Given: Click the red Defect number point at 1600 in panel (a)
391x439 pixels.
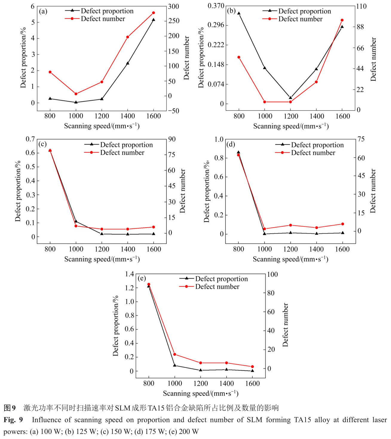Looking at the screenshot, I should click(x=154, y=13).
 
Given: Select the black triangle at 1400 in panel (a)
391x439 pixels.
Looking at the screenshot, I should click(x=128, y=63).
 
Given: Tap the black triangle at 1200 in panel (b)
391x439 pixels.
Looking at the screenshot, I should click(x=290, y=98).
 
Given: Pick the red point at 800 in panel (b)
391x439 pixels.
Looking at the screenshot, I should click(x=239, y=57).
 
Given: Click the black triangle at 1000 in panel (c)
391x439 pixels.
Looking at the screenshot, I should click(x=76, y=221).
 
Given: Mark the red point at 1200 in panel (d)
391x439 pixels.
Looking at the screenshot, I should click(x=290, y=225).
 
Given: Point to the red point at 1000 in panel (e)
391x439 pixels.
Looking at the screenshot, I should click(x=175, y=354).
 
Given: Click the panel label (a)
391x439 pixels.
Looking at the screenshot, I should click(x=43, y=12).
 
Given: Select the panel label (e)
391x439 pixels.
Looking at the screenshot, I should click(x=142, y=279).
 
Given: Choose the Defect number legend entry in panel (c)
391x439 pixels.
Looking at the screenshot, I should click(x=122, y=153).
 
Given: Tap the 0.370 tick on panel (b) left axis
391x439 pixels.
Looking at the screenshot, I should click(x=216, y=6).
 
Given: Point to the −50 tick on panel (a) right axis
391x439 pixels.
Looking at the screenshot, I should click(x=173, y=111).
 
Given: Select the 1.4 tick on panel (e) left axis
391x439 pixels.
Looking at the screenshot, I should click(x=130, y=274).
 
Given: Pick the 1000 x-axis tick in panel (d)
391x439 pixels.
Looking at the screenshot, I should click(x=264, y=249).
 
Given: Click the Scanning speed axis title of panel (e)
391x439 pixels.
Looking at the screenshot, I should click(x=200, y=393).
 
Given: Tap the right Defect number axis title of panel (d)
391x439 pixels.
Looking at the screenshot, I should click(x=373, y=191).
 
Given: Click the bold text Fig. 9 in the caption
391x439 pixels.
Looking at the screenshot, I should click(x=13, y=420).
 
